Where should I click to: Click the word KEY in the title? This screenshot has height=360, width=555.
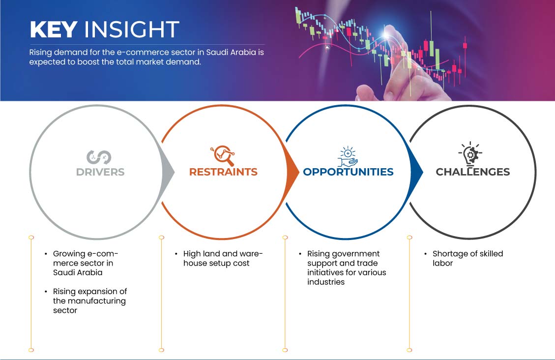pos(54,29)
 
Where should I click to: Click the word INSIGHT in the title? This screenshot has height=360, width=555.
pos(131,29)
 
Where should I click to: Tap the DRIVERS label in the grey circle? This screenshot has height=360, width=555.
pos(100,172)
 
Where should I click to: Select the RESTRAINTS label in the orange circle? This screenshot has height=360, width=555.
pos(223,172)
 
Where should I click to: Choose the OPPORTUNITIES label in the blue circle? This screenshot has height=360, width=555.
pos(349,172)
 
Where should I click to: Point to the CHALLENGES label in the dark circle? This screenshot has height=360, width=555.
pos(473,172)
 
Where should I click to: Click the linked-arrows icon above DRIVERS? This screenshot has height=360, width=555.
pos(99,157)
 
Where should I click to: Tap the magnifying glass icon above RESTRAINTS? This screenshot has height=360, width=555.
pos(223,155)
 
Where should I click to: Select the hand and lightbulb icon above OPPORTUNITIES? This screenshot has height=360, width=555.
pos(347,156)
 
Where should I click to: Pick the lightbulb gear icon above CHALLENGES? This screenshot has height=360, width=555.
pos(470,153)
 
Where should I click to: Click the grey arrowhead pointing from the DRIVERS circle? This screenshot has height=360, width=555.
pos(168,172)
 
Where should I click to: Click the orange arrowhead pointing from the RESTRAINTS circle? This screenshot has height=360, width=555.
pos(292,172)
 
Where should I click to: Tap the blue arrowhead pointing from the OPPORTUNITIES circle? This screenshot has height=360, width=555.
pos(416,172)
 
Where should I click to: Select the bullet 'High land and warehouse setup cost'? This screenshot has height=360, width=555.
pos(223,258)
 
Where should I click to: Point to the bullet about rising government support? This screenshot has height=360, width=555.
pos(347,268)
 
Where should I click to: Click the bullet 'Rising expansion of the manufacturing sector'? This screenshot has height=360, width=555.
pos(90,301)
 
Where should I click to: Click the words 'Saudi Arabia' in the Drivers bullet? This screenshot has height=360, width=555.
pos(78,272)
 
